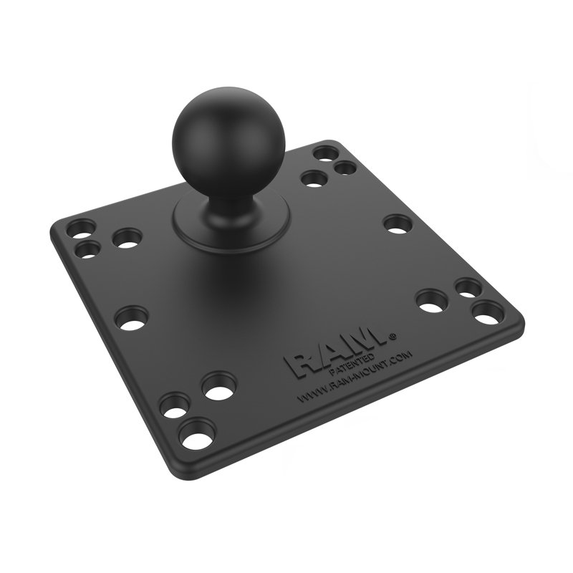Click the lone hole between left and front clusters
tap(131, 317)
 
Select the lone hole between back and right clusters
tap(395, 223)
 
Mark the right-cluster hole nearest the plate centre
tap(432, 302)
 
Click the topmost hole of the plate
tap(325, 154)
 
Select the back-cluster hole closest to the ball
tap(312, 179)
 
